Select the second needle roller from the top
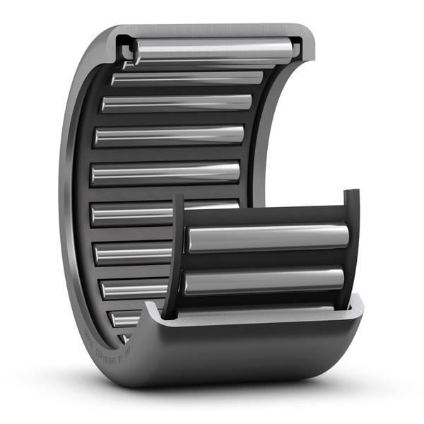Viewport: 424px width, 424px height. (187, 78)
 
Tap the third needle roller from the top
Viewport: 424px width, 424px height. (177, 103)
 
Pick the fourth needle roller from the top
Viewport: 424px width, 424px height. (170, 135)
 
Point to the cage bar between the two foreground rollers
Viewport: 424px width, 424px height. (265, 261)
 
